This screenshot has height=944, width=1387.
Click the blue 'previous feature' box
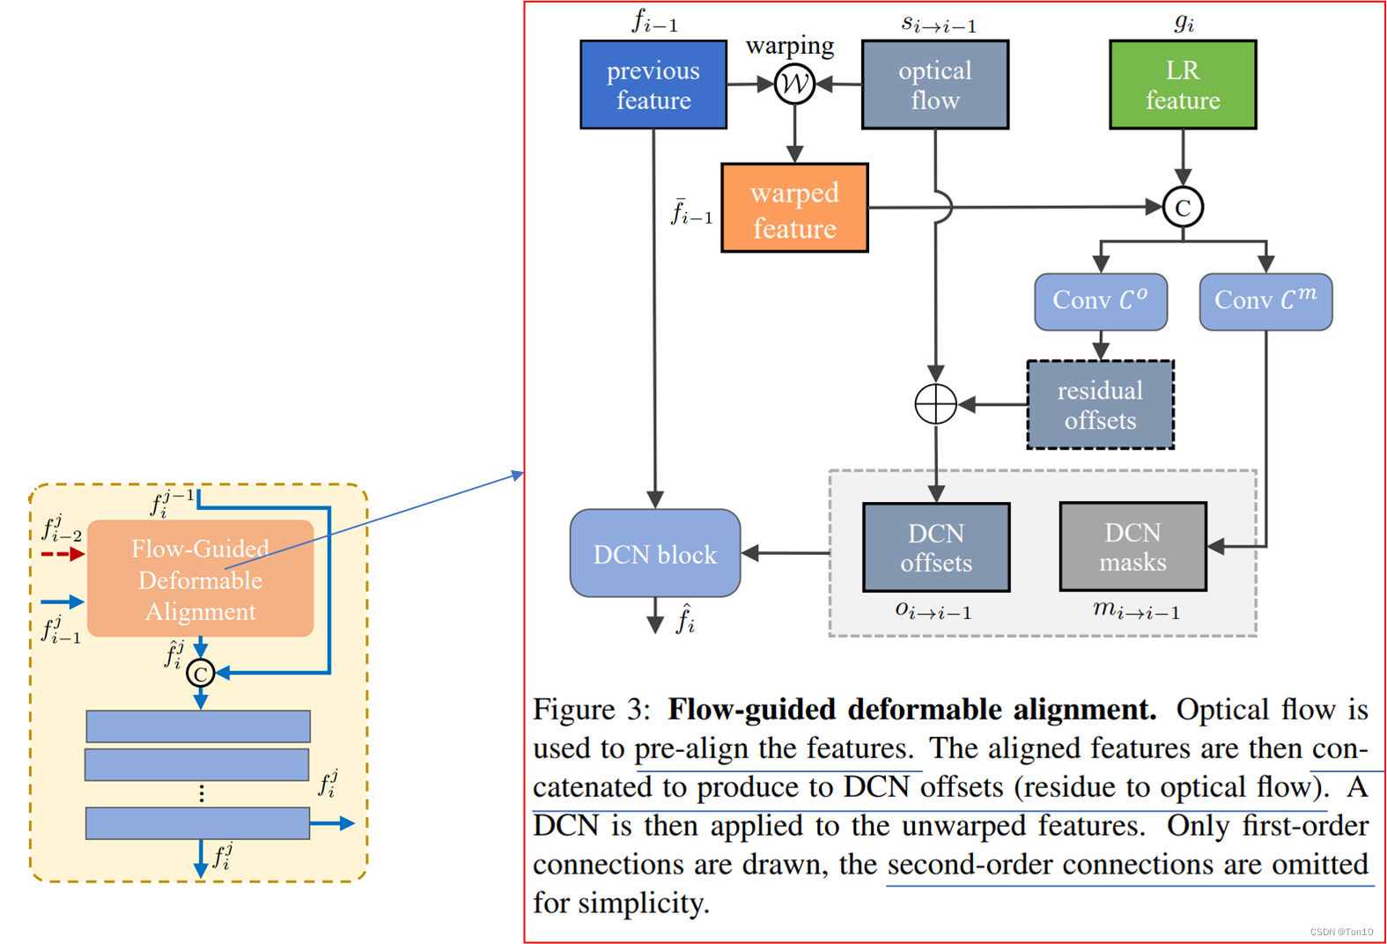click(653, 85)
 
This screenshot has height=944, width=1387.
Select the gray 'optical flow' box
click(934, 85)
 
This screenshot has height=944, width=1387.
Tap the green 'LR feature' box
click(1183, 85)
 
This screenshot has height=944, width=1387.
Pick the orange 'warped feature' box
click(794, 209)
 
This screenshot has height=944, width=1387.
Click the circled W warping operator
click(794, 85)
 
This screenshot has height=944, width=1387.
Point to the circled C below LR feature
click(1183, 208)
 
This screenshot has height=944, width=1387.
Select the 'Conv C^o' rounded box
click(1101, 301)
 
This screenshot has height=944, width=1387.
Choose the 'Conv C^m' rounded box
click(1265, 301)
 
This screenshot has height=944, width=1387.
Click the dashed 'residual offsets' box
click(1100, 405)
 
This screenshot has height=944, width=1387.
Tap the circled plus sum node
click(935, 405)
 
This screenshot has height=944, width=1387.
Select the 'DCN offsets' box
click(936, 548)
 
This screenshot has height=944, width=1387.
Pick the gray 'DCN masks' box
click(1132, 547)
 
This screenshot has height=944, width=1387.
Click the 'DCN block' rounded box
click(655, 554)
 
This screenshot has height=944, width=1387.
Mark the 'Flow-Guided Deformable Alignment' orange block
click(200, 579)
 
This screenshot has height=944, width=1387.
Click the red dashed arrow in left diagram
click(63, 554)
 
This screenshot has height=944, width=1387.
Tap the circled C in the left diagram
click(201, 674)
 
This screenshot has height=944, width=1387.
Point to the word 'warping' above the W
click(790, 45)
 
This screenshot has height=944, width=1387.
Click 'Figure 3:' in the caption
click(591, 710)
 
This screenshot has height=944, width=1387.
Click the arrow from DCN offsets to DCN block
click(786, 553)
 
